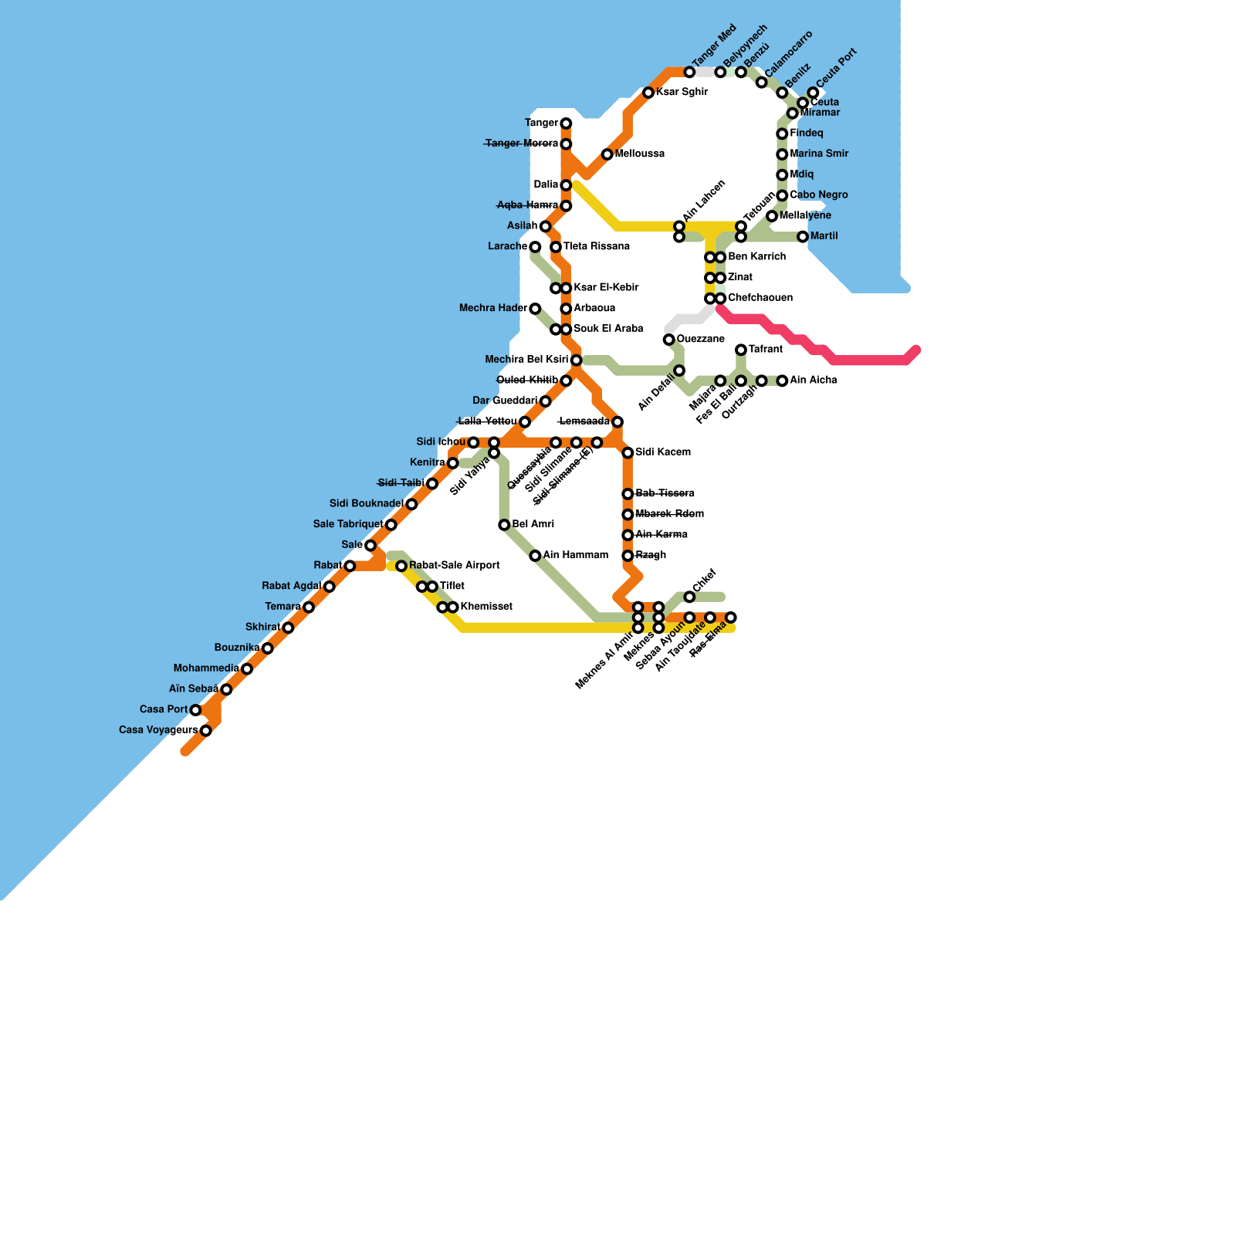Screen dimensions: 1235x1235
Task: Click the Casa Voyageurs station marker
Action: click(x=206, y=731)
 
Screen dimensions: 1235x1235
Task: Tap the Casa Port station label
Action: click(x=164, y=709)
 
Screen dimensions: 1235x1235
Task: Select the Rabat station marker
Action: click(x=350, y=566)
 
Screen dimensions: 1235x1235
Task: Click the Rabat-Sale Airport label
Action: click(x=455, y=566)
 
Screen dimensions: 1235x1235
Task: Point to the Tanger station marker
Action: click(x=566, y=123)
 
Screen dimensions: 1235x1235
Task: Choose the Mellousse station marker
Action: click(x=607, y=154)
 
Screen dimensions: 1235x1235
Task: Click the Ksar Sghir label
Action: click(x=682, y=93)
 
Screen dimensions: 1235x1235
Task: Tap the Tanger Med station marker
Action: click(x=689, y=73)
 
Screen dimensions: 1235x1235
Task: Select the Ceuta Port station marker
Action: click(x=814, y=93)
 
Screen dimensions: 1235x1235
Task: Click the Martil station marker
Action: click(x=803, y=237)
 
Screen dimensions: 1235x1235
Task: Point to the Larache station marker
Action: click(x=535, y=247)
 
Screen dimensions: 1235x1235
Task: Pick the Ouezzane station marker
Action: click(x=669, y=340)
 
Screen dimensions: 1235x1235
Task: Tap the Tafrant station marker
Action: click(x=741, y=350)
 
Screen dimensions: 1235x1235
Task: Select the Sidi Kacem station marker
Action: click(x=628, y=452)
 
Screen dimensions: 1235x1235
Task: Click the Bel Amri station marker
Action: click(x=504, y=525)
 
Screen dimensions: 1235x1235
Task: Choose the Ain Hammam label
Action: click(x=575, y=556)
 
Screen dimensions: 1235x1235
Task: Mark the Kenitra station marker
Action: click(x=453, y=463)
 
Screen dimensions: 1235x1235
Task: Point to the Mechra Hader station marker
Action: click(x=535, y=309)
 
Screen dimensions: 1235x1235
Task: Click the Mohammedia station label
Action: click(x=206, y=668)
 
